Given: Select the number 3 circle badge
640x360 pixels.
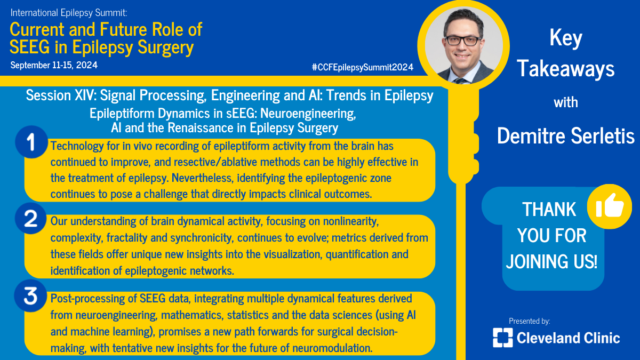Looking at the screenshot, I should click(31, 297).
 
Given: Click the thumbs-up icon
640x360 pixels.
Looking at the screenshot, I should click(610, 207).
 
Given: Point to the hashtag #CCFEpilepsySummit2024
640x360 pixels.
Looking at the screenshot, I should click(363, 67).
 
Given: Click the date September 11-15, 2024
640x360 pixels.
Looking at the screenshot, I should click(54, 65).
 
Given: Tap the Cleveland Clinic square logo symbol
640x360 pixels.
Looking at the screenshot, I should click(502, 337).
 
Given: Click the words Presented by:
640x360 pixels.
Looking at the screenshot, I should click(529, 321).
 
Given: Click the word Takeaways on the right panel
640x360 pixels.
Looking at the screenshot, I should click(566, 69).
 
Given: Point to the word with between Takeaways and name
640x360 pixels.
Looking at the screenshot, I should click(566, 102).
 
